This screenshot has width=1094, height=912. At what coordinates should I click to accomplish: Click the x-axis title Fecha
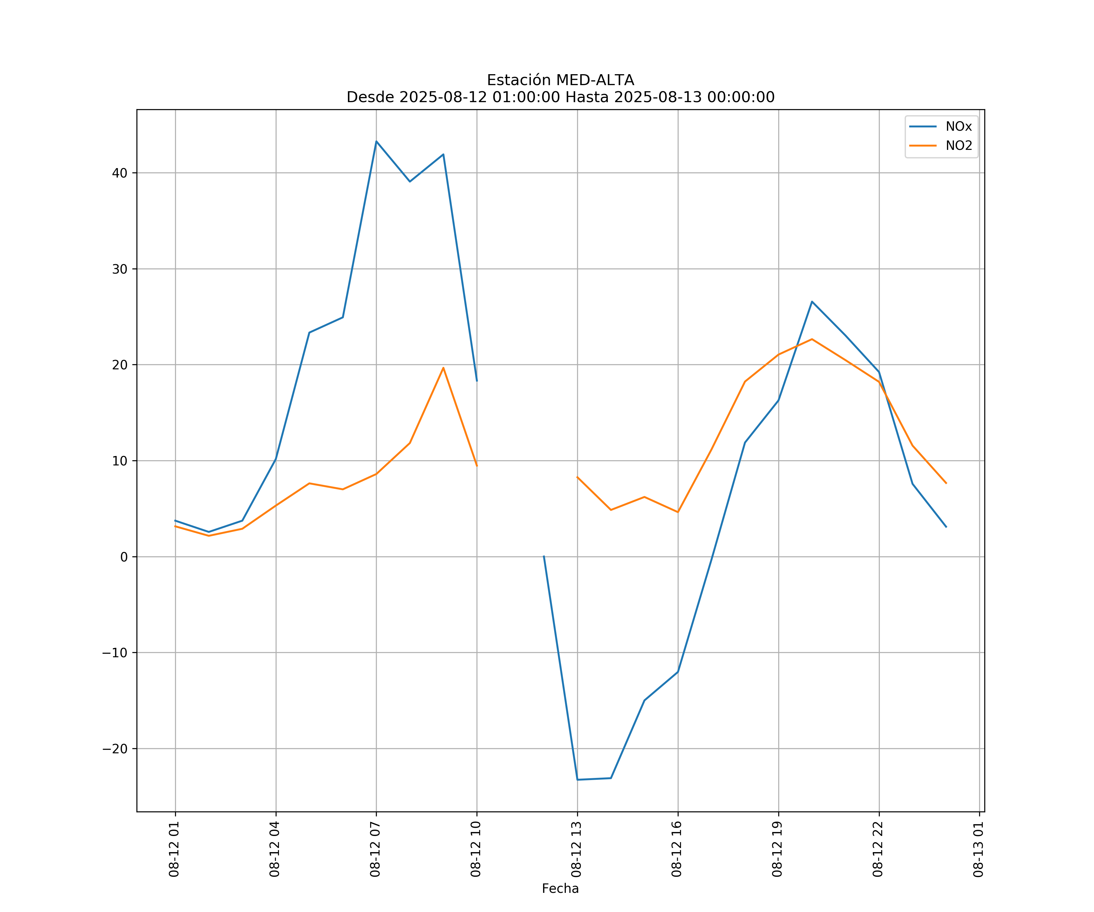pyautogui.click(x=560, y=889)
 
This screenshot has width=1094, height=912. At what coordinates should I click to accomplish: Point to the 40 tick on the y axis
pyautogui.click(x=119, y=173)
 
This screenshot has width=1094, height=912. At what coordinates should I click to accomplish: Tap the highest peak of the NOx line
pyautogui.click(x=376, y=141)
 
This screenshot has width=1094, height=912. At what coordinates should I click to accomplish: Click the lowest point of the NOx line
pyautogui.click(x=577, y=780)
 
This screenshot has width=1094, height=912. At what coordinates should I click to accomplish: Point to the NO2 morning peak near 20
pyautogui.click(x=443, y=368)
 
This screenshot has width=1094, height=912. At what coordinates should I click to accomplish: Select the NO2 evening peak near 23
pyautogui.click(x=812, y=339)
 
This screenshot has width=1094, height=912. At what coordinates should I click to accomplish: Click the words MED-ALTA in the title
pyautogui.click(x=595, y=80)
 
